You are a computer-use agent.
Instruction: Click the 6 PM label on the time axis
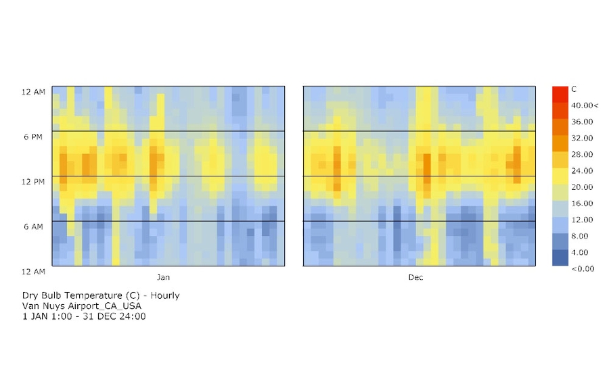(32, 137)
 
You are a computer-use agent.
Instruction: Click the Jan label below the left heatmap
(163, 277)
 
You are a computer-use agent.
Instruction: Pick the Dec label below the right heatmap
(415, 277)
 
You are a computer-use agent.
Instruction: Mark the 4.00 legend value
(581, 252)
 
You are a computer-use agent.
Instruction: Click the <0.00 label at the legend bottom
(583, 268)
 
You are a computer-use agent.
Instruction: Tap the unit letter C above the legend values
(574, 89)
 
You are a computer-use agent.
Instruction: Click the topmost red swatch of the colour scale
(560, 94)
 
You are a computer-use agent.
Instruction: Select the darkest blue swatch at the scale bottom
(560, 258)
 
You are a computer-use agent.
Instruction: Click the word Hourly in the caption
(165, 295)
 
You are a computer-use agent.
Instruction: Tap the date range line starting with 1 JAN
(84, 316)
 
